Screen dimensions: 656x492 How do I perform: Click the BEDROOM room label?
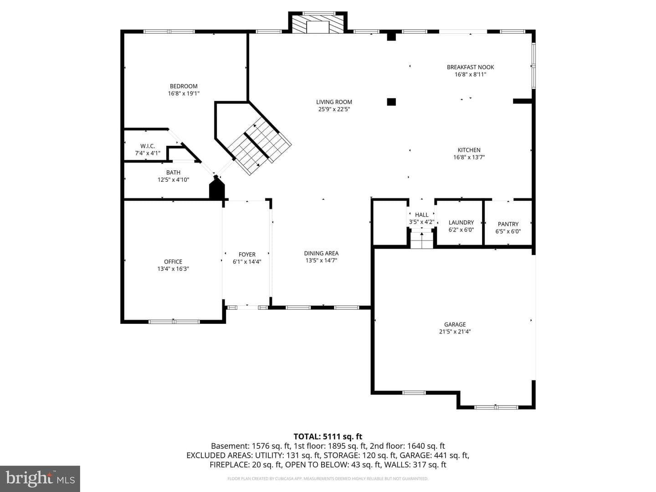[x=184, y=87]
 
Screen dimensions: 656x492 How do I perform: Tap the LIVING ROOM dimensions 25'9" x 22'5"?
[x=334, y=109]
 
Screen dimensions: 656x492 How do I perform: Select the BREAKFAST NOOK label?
[x=470, y=67]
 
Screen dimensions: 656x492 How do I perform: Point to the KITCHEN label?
[x=469, y=150]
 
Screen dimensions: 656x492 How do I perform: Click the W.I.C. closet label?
[x=148, y=146]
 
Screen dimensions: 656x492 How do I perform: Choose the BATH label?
[x=174, y=172]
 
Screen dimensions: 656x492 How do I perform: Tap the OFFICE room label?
[x=173, y=261]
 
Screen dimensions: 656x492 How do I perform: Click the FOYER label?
[x=247, y=255]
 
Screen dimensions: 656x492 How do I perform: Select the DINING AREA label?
[x=321, y=253]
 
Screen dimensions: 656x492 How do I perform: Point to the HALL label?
[x=422, y=215]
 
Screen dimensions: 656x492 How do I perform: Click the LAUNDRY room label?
[x=461, y=223]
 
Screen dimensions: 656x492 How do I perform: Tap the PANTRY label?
[x=508, y=224]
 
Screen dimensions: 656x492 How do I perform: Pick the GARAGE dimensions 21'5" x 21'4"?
[x=455, y=331]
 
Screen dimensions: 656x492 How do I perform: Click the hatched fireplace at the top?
[x=318, y=24]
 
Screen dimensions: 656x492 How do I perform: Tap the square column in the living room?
[x=391, y=102]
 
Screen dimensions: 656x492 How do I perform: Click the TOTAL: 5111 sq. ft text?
[x=328, y=437]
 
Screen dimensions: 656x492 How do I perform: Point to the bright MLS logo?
[x=40, y=478]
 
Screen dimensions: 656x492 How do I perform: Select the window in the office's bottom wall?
[x=174, y=322]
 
